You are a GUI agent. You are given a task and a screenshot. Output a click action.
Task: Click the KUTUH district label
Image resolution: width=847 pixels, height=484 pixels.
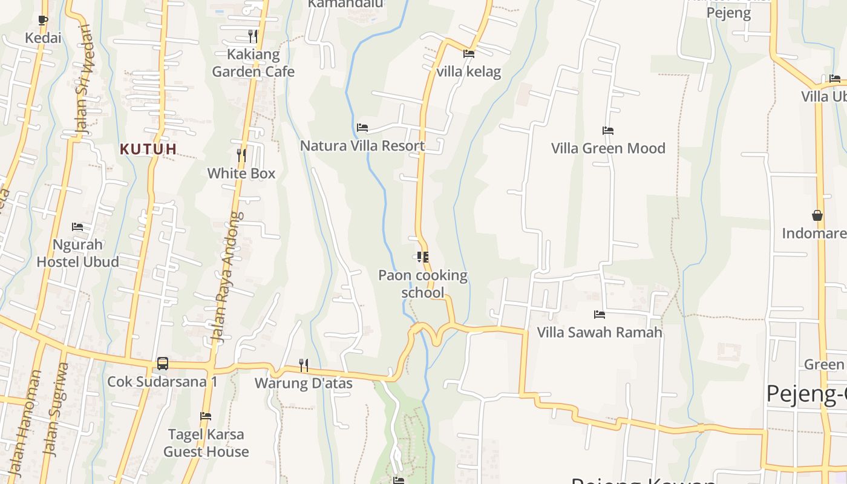tap(148, 149)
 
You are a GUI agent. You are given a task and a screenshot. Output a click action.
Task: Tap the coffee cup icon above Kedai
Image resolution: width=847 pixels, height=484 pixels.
tap(42, 20)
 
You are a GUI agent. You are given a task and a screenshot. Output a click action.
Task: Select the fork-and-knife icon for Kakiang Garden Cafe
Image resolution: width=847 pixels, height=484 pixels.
tap(253, 36)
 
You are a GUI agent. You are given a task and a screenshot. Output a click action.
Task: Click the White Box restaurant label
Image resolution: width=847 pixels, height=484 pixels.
tap(241, 174)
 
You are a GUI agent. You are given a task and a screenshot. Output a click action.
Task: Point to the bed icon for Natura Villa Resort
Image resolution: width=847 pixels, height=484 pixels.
tap(362, 127)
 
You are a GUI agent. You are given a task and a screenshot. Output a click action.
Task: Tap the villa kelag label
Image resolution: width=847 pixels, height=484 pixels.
tap(469, 72)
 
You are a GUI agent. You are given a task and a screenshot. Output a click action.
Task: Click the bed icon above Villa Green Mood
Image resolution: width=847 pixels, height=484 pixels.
tap(608, 130)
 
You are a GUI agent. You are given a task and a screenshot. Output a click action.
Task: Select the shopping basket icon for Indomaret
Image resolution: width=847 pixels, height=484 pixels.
tap(817, 215)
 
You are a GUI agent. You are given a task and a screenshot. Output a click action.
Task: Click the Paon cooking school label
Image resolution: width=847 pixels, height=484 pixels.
tap(423, 284)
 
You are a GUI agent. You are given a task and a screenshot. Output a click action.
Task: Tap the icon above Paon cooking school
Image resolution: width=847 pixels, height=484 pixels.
tap(423, 257)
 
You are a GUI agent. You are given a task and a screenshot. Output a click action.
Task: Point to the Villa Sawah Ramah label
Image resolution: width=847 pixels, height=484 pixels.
tap(600, 332)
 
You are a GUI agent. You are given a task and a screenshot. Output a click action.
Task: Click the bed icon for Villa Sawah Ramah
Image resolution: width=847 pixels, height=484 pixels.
tap(600, 314)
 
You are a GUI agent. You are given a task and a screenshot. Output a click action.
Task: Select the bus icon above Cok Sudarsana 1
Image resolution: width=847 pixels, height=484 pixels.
tap(163, 363)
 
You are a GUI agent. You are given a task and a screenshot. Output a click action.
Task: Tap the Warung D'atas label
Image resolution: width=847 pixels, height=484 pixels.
tap(303, 383)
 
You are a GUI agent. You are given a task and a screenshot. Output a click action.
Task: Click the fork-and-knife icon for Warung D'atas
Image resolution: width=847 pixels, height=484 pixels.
tap(303, 365)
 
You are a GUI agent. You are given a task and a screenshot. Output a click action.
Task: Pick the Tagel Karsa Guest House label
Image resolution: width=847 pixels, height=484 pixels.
tap(206, 443)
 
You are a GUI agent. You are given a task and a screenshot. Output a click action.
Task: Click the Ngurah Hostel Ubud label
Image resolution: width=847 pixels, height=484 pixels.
tap(77, 253)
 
